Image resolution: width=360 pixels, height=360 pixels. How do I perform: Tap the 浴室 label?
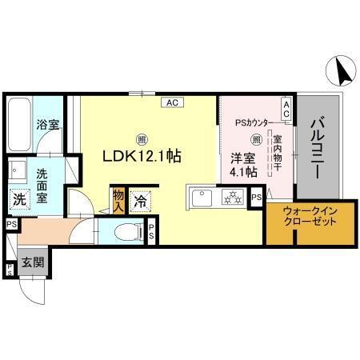(x=47, y=125)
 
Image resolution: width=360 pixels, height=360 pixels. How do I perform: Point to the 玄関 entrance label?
(x=32, y=262)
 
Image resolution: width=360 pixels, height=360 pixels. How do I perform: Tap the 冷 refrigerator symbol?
(x=141, y=201)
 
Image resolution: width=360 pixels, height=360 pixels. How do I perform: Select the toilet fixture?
(x=127, y=233)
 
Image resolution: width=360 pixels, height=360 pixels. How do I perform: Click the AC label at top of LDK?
(x=172, y=102)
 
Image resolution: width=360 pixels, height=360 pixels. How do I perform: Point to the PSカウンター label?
(x=252, y=123)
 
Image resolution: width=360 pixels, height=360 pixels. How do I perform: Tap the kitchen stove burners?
(x=231, y=196)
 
